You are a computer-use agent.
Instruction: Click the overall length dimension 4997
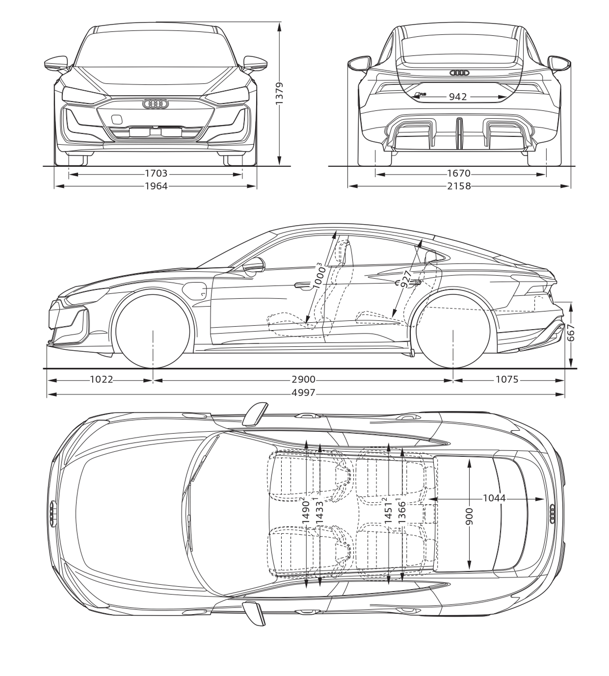coord(304,392)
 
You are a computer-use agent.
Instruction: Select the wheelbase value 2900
coord(303,379)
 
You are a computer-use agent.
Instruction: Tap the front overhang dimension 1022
coord(102,379)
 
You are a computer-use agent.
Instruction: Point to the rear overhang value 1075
coord(507,379)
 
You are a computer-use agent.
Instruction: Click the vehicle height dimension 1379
coord(280,94)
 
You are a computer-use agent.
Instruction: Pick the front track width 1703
coord(156,173)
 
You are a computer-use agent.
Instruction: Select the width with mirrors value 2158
coord(459,186)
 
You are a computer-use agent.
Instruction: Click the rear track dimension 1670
coord(459,173)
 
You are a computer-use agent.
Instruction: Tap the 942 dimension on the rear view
coord(458,97)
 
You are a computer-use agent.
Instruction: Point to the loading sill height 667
coord(570,333)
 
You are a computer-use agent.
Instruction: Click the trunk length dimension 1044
coord(494,498)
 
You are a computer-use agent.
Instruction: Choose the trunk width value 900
coord(470,516)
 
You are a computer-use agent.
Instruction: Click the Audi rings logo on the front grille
coord(156,104)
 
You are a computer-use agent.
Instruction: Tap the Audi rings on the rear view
coord(459,73)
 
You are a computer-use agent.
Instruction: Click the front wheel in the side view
coord(153,331)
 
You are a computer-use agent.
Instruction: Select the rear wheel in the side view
coord(453,331)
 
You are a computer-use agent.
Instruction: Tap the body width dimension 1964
coord(156,186)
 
